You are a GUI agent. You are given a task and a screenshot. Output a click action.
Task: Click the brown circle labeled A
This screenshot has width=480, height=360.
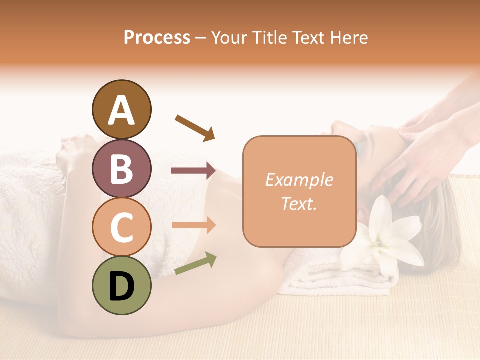pyautogui.click(x=121, y=110)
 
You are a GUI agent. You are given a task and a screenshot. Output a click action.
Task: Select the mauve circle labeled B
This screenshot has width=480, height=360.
pyautogui.click(x=121, y=168)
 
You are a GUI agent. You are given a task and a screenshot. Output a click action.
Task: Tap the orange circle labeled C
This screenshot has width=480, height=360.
pyautogui.click(x=121, y=227)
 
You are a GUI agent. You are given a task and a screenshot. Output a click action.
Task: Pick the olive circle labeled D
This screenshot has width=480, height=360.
pyautogui.click(x=121, y=285)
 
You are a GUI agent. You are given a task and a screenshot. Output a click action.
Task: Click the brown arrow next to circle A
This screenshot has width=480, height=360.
pyautogui.click(x=195, y=127)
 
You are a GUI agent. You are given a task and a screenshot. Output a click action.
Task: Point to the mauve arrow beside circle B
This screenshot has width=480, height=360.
pyautogui.click(x=193, y=171)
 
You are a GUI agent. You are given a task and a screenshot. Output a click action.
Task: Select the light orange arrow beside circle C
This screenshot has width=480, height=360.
pyautogui.click(x=193, y=225)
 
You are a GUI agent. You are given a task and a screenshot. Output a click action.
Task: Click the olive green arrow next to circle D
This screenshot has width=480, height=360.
pyautogui.click(x=195, y=263)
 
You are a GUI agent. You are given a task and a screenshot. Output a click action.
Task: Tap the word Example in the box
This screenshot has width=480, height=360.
pyautogui.click(x=299, y=180)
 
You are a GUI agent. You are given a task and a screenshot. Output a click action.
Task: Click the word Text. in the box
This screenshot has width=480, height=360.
pyautogui.click(x=299, y=203)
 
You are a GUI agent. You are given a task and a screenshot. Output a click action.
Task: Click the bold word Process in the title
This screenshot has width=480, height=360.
pyautogui.click(x=157, y=37)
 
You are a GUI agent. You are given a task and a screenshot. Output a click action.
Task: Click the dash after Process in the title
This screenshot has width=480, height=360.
pyautogui.click(x=200, y=38)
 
